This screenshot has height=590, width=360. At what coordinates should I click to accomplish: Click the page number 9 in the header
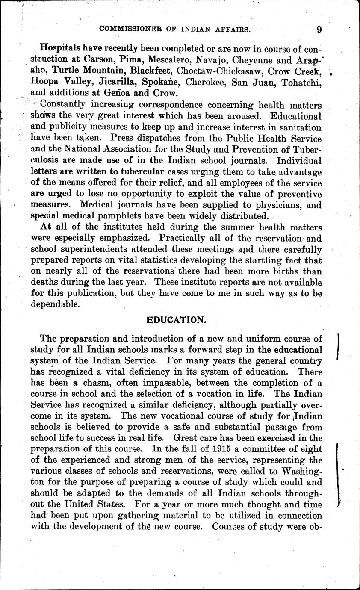319,29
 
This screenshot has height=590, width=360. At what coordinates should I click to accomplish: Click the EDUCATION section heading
176,320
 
